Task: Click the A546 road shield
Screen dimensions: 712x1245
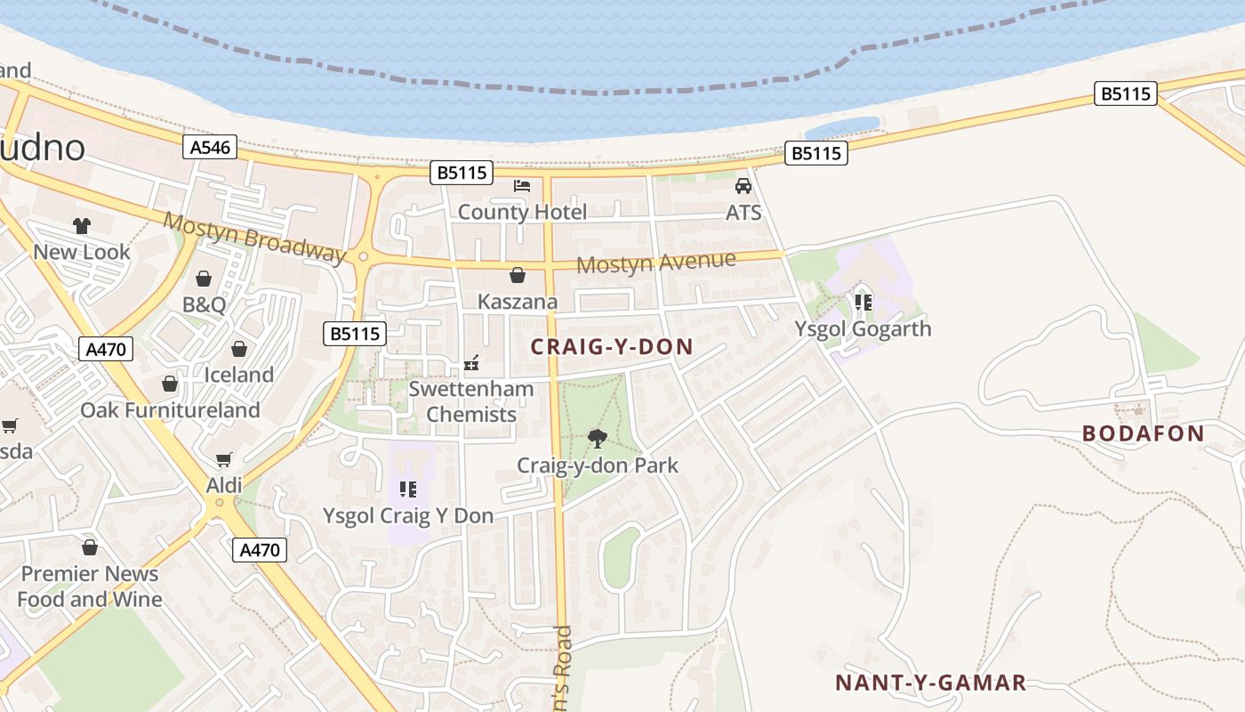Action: click(x=210, y=147)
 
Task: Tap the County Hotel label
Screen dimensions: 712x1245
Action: click(x=522, y=212)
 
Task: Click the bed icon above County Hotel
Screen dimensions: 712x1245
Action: click(x=522, y=185)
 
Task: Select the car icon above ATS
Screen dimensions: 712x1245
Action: click(x=743, y=186)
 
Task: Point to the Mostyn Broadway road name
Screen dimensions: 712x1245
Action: click(x=254, y=238)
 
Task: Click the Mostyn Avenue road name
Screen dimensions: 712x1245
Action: click(x=656, y=263)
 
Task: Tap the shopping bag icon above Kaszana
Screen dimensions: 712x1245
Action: click(x=517, y=275)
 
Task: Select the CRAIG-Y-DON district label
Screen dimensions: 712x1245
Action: click(x=612, y=347)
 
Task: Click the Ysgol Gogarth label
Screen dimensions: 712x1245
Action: click(x=863, y=328)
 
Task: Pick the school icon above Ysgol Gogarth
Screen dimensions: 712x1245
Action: click(x=863, y=302)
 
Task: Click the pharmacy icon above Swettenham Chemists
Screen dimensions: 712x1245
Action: click(x=471, y=363)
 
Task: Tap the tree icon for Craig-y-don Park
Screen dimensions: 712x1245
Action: click(x=598, y=438)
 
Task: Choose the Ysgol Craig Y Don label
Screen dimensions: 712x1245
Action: click(x=407, y=516)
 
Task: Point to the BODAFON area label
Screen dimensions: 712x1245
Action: click(x=1143, y=434)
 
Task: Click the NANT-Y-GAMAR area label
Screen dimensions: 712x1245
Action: click(x=930, y=683)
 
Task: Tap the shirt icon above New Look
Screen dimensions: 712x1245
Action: click(x=82, y=226)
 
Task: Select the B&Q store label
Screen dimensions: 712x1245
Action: click(x=204, y=304)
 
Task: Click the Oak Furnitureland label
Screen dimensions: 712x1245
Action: click(x=170, y=410)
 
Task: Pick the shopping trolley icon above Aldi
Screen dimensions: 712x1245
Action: click(x=224, y=459)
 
